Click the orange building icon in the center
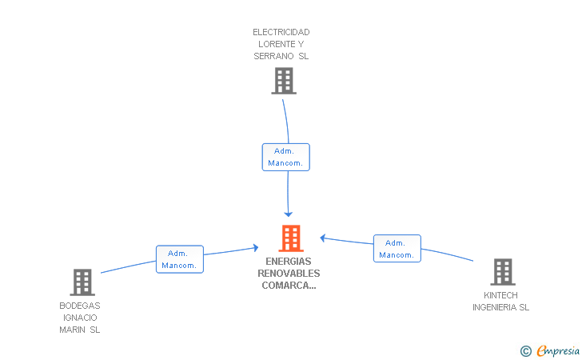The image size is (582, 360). point(291,238)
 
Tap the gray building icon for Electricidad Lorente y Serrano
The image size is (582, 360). point(284,81)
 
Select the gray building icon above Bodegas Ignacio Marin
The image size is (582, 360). point(82,282)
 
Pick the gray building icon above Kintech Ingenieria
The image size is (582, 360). point(503,272)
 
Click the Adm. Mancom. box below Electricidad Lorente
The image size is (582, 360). point(286,157)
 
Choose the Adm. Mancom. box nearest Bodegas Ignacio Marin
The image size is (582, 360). point(180,259)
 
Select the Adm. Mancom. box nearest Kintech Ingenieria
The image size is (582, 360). point(397,249)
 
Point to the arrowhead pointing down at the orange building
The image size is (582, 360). point(288,214)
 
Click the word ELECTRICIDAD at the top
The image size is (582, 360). point(281,32)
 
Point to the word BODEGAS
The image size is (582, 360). point(80,306)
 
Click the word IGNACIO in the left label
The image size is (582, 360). point(80,318)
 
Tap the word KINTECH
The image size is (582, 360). point(500,295)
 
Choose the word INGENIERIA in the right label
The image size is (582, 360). point(494,307)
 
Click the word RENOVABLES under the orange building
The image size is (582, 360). point(289,274)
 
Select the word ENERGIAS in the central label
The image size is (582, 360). point(289,261)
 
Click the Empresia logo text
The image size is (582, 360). point(558,350)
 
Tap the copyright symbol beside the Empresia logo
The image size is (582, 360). point(526,351)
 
